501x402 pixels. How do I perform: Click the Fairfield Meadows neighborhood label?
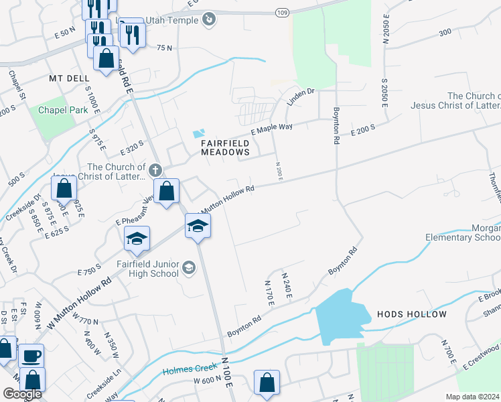226,147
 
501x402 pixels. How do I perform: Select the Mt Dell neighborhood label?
69,78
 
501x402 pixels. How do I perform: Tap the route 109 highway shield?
282,13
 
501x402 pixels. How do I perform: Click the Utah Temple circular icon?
210,20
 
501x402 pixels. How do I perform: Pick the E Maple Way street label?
272,126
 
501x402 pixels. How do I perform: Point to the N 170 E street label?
270,295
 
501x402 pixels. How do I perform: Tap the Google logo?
22,394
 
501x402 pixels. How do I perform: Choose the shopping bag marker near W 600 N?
267,383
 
